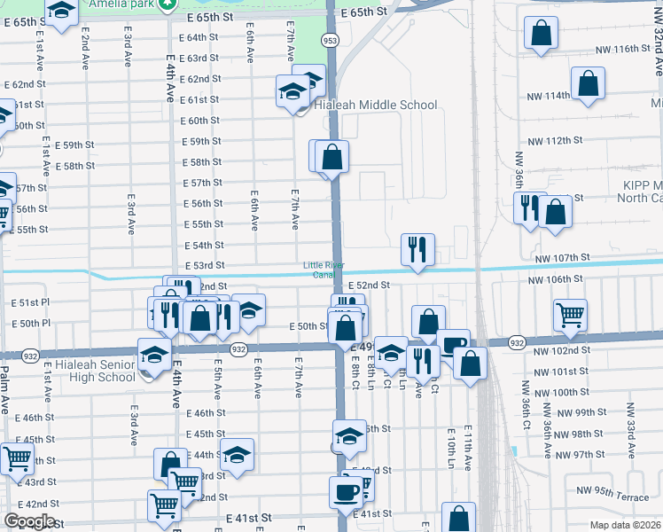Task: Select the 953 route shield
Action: point(330,40)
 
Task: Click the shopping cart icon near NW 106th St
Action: point(570,315)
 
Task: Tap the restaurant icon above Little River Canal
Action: point(417,249)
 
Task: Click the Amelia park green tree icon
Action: point(164,6)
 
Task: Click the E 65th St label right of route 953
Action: point(363,12)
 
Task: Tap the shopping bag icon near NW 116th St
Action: point(541,35)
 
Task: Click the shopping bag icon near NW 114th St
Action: point(588,85)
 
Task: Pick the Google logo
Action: point(29,521)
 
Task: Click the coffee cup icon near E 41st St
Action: point(346,489)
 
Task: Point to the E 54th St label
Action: point(203,245)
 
